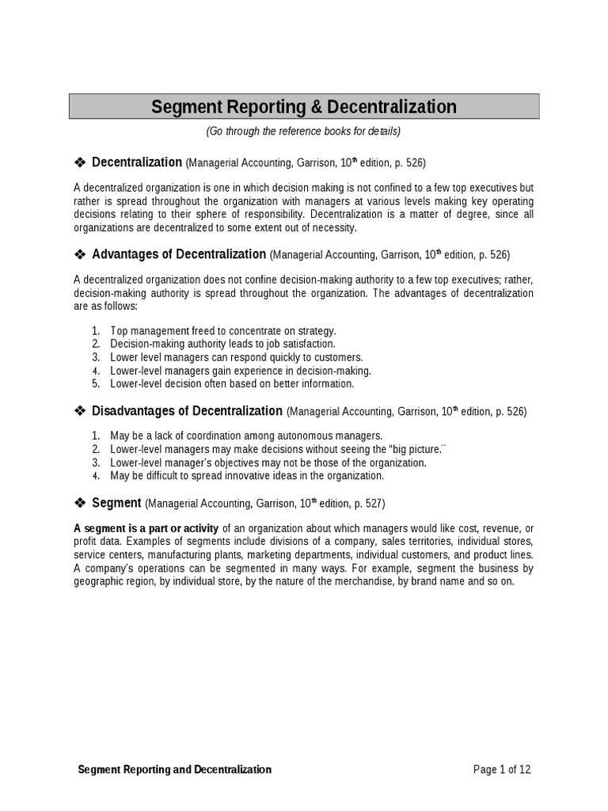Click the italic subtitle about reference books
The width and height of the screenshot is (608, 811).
[304, 131]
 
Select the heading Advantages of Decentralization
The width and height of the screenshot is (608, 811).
[179, 254]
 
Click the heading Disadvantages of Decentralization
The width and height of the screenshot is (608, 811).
[187, 411]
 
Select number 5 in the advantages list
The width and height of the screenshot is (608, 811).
[96, 384]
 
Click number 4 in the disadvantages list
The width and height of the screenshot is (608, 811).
[96, 476]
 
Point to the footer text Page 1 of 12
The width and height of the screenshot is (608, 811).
[507, 769]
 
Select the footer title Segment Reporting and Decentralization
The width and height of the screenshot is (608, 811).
[175, 769]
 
